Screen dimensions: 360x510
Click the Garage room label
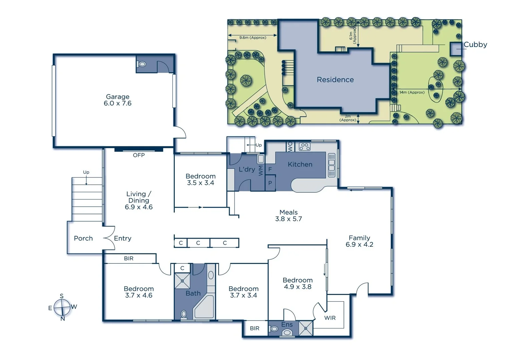117,97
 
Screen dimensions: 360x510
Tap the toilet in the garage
142,64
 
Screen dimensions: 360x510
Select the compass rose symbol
62,307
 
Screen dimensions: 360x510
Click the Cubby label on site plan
475,44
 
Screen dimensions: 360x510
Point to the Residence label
335,80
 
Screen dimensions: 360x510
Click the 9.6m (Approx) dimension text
252,38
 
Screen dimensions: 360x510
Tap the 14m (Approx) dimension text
412,92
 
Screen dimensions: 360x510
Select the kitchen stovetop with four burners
305,146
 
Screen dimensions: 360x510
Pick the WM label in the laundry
261,170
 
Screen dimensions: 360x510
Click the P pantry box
270,183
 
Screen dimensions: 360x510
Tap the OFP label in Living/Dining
139,155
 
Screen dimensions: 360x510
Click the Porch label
83,238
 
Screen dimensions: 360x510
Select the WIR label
330,318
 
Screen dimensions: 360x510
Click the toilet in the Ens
287,332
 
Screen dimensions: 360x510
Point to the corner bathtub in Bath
204,307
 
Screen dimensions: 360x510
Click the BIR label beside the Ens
254,328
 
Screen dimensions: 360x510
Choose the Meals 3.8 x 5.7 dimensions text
288,219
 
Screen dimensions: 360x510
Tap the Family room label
359,238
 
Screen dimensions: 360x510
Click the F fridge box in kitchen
270,169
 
